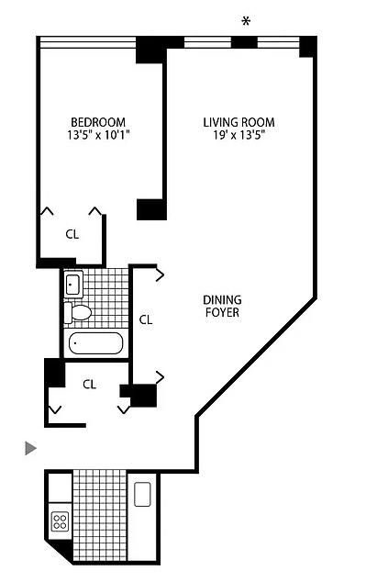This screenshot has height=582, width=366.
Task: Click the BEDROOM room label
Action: [98, 122]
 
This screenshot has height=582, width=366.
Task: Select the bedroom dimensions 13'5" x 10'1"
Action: [98, 135]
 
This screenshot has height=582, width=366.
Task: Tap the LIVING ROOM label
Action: [238, 122]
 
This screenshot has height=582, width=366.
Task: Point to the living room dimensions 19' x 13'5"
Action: [238, 135]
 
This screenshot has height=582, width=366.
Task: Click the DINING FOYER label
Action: [222, 306]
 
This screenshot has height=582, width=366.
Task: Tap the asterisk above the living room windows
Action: [246, 21]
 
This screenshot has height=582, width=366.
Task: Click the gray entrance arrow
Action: [31, 448]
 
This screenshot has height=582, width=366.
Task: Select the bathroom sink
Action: [73, 284]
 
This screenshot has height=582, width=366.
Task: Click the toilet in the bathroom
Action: [77, 312]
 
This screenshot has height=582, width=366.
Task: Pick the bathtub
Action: [96, 343]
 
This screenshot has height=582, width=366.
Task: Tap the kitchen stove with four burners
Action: [60, 520]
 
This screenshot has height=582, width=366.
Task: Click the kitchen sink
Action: [142, 494]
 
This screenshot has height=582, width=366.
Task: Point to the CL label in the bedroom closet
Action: [72, 234]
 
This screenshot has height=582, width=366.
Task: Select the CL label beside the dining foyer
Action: [146, 319]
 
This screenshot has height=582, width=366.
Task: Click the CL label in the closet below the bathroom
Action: [89, 384]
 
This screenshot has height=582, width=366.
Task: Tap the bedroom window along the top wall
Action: [88, 42]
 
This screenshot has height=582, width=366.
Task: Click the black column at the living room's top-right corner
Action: [308, 47]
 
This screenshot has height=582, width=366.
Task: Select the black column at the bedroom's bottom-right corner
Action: [151, 209]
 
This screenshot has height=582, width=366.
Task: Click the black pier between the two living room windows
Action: [245, 42]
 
